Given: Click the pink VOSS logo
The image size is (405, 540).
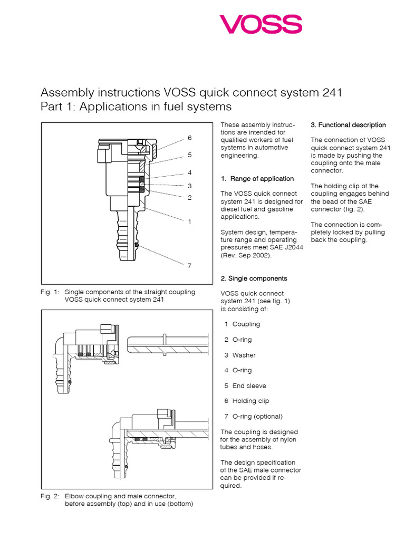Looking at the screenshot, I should [x=261, y=24].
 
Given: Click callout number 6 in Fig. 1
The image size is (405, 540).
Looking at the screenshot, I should [x=189, y=138].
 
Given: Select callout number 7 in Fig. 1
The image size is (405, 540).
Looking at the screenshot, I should [x=189, y=265].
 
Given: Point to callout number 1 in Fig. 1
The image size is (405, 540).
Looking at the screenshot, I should [x=189, y=221].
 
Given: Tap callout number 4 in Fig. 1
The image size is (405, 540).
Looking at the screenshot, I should [x=189, y=172].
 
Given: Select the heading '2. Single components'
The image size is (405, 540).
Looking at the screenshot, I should [x=254, y=278].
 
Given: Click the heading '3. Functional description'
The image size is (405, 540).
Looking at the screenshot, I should [x=348, y=125].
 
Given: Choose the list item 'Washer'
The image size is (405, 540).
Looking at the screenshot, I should [x=243, y=355].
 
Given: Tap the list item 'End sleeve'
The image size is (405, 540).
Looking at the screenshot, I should [x=249, y=385].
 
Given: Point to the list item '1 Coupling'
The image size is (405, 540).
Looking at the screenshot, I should [x=242, y=324].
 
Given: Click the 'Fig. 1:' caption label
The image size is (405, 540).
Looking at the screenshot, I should [x=50, y=292].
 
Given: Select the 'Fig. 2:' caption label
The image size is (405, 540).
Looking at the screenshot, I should [x=50, y=496].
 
